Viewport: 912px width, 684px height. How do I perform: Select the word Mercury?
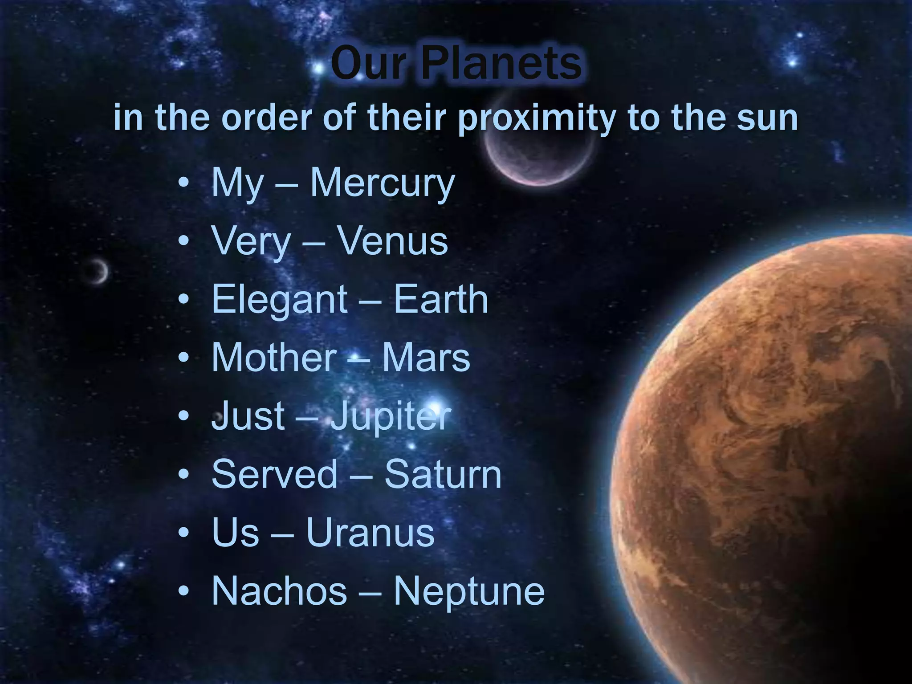pyautogui.click(x=383, y=183)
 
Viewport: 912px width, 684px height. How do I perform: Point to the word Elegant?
pyautogui.click(x=279, y=300)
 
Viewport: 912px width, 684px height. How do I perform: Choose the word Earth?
pyautogui.click(x=441, y=299)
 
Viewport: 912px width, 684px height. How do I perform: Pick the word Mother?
pyautogui.click(x=274, y=358)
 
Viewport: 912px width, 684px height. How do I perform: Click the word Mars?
pyautogui.click(x=426, y=358)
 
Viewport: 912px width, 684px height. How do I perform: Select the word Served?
pyautogui.click(x=274, y=474)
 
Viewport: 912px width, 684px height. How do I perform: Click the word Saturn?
pyautogui.click(x=443, y=474)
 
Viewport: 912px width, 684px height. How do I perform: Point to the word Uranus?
pyautogui.click(x=370, y=533)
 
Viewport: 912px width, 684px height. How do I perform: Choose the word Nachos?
pyautogui.click(x=279, y=591)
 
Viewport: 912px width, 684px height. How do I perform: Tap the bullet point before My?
pyautogui.click(x=183, y=183)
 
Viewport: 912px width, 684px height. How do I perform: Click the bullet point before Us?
pyautogui.click(x=183, y=533)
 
